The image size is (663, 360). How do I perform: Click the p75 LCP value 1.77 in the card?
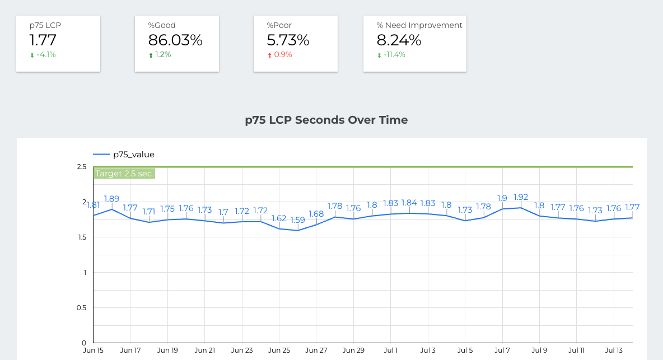pos(43,40)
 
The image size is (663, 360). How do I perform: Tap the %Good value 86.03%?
pos(175,40)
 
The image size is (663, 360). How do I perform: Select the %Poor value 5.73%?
pos(288,40)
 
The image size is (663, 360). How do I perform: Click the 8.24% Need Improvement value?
pos(399,40)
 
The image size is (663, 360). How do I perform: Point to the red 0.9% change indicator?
pos(283,55)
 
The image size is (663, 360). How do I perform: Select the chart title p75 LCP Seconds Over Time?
pos(326,120)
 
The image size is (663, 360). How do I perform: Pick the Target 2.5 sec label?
pos(123,174)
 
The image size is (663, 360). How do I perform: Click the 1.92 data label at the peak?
pos(521,197)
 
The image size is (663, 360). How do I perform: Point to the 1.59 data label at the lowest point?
pos(297,220)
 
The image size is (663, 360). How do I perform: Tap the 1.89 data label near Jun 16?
pos(111,198)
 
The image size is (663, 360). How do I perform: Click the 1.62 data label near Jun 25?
pos(279,218)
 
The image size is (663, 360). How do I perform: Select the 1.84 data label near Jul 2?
pos(409,203)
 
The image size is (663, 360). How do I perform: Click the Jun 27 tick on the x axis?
pos(316,350)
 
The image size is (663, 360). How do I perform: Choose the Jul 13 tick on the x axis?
pos(614,350)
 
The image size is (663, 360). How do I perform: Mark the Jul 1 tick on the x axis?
pos(390,350)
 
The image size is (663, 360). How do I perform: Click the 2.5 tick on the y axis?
pos(81,167)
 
